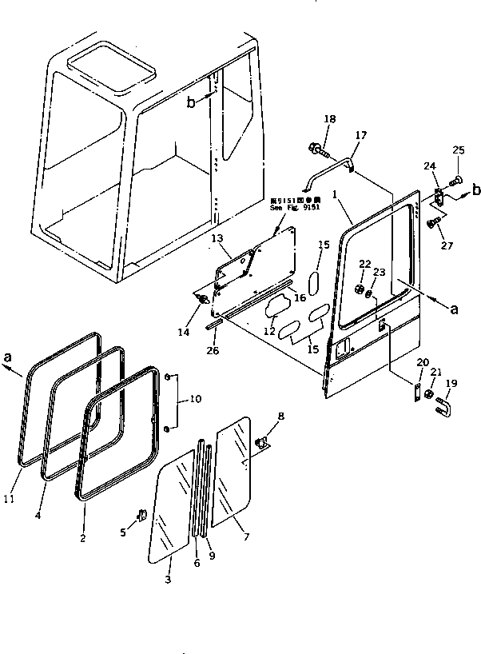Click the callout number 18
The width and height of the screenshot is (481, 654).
pos(329,119)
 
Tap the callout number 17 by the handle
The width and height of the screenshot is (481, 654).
pos(360,135)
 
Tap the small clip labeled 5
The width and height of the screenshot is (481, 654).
pos(140,516)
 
